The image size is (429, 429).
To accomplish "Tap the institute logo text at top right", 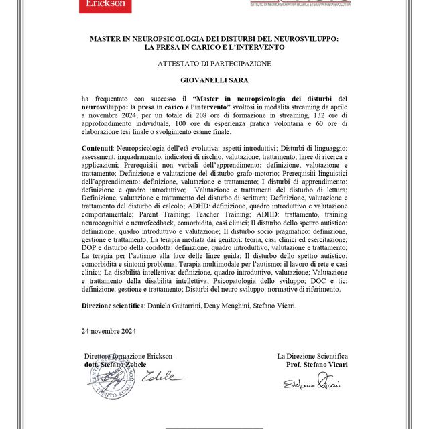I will [299, 4].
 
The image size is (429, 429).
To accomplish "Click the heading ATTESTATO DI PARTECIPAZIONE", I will [214, 64].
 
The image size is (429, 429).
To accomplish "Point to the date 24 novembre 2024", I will [109, 330].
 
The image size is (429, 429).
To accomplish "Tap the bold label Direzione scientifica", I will [113, 305].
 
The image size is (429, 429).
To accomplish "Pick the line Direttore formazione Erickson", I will [128, 356].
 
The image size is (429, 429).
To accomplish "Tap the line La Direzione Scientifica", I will [312, 356].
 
